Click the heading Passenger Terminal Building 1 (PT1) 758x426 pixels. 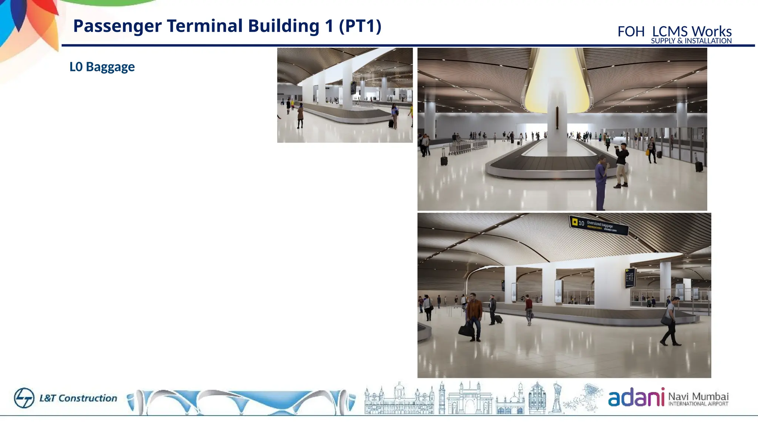pos(227,26)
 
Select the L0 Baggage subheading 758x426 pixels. pos(102,67)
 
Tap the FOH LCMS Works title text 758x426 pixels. pos(674,31)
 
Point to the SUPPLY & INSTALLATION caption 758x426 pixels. pos(691,41)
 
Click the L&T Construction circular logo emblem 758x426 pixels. pos(24,398)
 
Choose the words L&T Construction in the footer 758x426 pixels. pos(78,398)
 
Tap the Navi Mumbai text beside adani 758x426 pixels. pos(698,397)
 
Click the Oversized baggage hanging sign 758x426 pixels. pos(598,225)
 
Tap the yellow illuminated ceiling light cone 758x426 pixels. pos(557,81)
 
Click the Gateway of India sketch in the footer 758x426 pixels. pos(469,399)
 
